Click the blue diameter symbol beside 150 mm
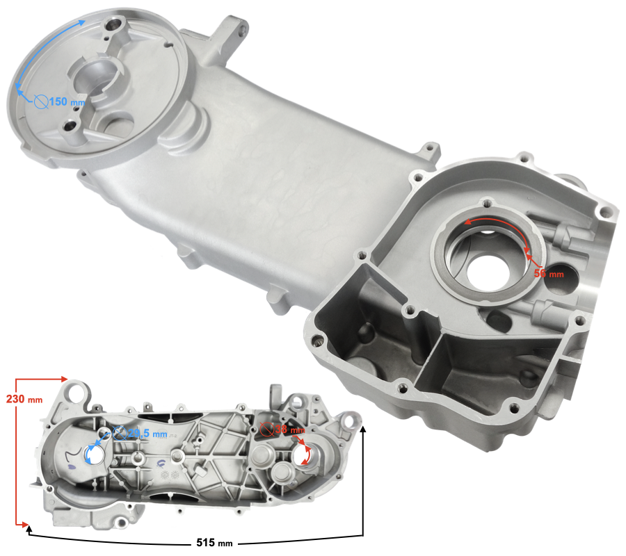coord(40,102)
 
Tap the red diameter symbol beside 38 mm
coord(264,430)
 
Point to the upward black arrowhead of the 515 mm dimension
coord(363,425)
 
